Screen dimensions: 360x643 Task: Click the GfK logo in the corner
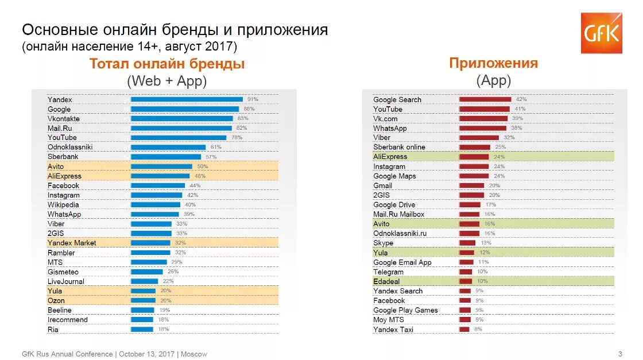pos(601,33)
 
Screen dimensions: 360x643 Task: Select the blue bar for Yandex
pos(187,99)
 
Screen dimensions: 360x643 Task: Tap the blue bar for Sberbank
pos(166,157)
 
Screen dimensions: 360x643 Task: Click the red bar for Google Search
pos(485,99)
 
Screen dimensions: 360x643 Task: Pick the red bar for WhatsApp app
pos(483,128)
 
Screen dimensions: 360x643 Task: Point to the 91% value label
pos(253,99)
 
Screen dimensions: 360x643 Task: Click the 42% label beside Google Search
pos(521,99)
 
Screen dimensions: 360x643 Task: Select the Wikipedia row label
pos(63,204)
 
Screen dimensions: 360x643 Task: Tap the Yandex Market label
pos(72,243)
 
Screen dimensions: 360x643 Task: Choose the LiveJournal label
pos(65,281)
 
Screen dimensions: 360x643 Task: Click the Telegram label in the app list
pos(388,272)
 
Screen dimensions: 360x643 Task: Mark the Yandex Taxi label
pos(393,330)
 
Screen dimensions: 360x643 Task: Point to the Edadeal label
pos(386,281)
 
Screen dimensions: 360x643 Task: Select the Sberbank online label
pos(399,147)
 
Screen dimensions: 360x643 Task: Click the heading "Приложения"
pos(493,63)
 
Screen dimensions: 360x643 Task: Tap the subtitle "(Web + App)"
pos(166,81)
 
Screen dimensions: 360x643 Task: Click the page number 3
pos(620,354)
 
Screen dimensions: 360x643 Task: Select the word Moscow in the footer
pos(194,354)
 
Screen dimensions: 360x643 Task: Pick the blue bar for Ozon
pos(143,300)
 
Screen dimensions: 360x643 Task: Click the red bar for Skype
pos(467,243)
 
